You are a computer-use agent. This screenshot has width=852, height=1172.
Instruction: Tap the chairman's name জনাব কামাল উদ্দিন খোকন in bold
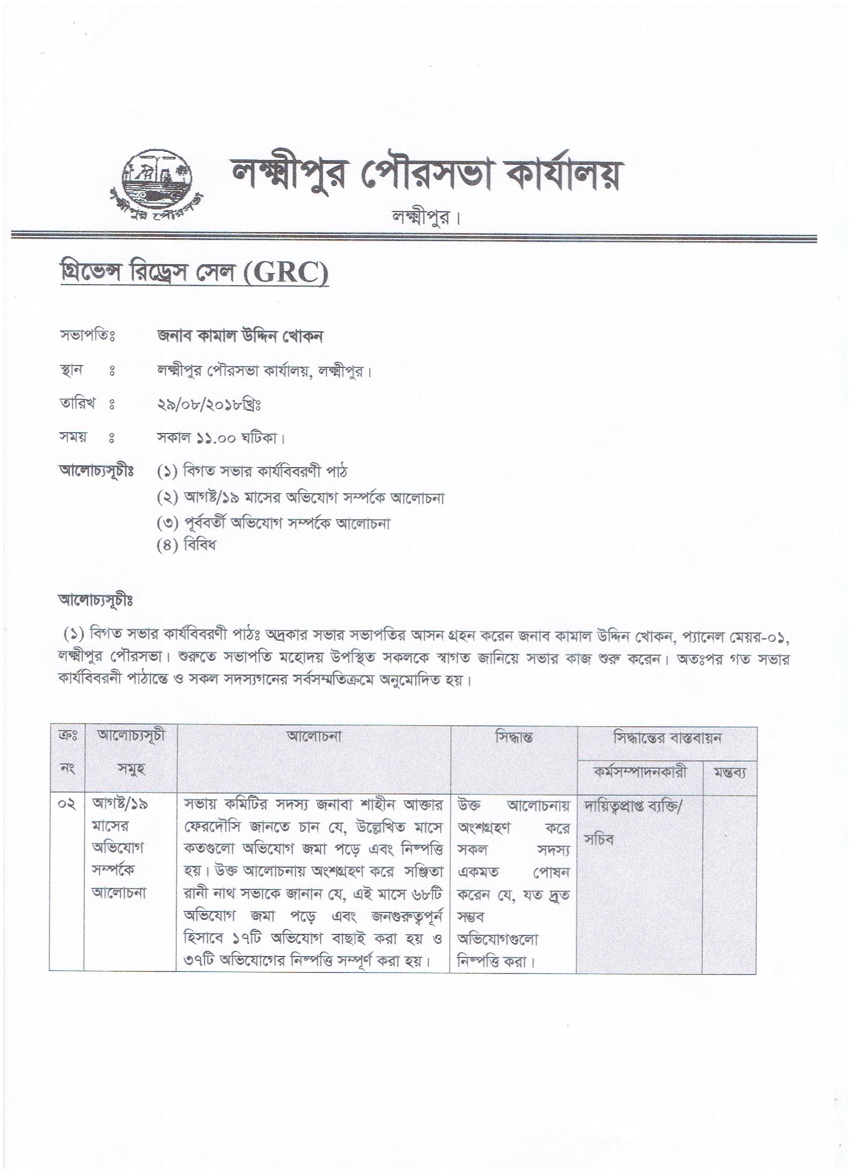240,336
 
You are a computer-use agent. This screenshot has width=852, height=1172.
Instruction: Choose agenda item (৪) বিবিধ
186,545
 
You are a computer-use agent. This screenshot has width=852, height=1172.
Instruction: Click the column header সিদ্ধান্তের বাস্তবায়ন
667,737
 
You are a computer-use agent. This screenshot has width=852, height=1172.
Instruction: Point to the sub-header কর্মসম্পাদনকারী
640,772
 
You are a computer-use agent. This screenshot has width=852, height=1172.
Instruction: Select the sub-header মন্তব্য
730,773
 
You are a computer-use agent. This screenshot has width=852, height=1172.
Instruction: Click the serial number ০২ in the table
67,805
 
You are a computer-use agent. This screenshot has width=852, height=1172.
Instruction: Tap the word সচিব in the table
599,840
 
